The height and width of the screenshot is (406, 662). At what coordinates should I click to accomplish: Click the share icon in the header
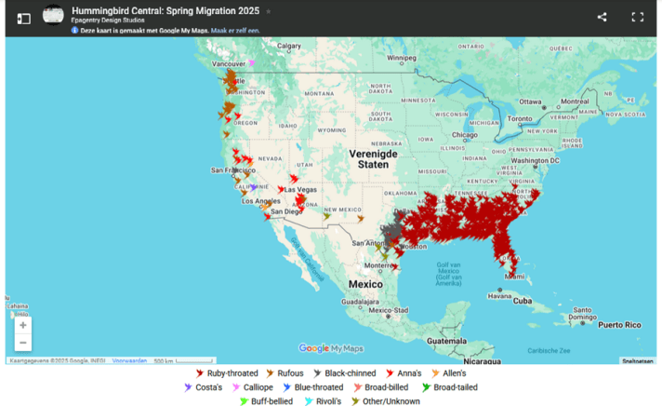point(602,17)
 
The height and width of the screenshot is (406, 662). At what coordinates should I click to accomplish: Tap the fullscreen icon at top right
point(638,17)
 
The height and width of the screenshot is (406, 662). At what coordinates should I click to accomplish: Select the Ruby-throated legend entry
point(226,373)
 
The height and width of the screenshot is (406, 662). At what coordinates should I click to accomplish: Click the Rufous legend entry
point(285,373)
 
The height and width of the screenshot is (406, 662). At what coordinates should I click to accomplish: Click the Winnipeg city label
point(402,58)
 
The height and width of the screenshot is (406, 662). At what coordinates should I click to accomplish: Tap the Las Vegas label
point(300,189)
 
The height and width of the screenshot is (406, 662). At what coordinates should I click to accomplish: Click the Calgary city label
point(289,46)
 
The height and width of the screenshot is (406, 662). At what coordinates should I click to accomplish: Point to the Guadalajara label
point(359,302)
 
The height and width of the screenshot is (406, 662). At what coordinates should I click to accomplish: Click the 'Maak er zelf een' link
point(235,31)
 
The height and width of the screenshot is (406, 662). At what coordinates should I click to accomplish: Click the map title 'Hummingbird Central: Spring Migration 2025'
point(166,11)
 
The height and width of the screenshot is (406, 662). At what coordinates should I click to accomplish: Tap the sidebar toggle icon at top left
point(23,18)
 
